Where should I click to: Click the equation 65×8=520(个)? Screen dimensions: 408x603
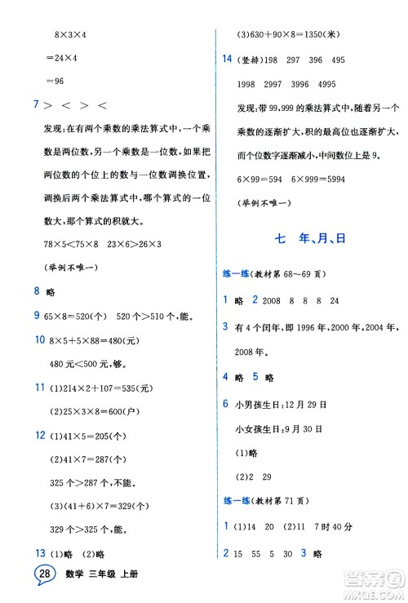click(86, 315)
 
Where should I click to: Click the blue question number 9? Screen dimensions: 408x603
click(36, 315)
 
